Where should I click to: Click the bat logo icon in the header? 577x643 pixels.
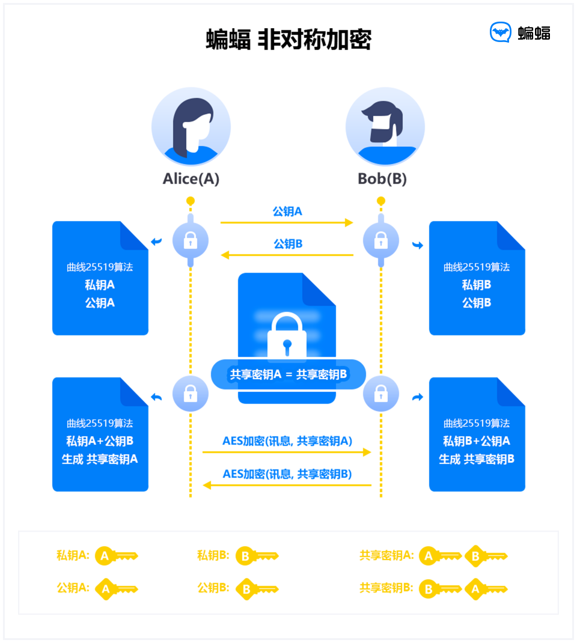[501, 32]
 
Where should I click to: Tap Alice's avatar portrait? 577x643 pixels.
[191, 127]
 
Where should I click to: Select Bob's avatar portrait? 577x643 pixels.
[385, 127]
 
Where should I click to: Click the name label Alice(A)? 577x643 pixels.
[191, 179]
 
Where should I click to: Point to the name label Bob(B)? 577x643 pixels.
[382, 179]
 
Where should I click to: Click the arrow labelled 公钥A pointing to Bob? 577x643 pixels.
[287, 222]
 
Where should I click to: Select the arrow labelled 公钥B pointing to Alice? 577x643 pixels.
[287, 255]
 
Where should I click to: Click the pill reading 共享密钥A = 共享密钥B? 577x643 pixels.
[288, 374]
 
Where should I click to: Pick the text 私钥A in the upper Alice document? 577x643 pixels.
[100, 285]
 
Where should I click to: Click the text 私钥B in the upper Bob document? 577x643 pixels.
[477, 285]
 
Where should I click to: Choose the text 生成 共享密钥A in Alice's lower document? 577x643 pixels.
[100, 459]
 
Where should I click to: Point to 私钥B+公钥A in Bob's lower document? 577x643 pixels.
[477, 441]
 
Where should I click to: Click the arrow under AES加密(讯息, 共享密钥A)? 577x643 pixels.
[287, 452]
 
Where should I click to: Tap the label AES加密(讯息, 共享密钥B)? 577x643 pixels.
[287, 474]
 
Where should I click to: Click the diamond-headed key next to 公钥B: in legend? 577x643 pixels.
[257, 589]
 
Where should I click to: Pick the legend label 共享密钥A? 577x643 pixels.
[386, 556]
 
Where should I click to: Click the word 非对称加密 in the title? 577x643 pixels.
[314, 40]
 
